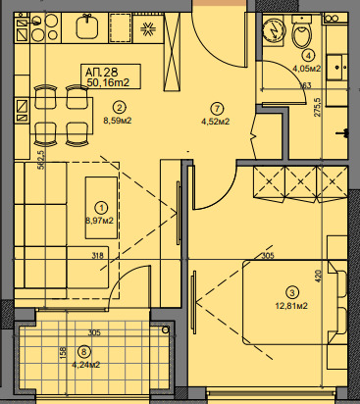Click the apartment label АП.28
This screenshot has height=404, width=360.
click(101, 72)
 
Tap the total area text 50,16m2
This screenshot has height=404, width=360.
click(108, 82)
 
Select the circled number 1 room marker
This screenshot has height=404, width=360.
click(101, 208)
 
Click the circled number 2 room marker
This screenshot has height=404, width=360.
click(119, 107)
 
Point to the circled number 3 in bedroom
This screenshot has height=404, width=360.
click(292, 292)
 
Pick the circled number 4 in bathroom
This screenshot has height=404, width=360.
click(308, 56)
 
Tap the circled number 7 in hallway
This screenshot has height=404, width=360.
click(217, 108)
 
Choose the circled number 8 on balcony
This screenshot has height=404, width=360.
click(84, 352)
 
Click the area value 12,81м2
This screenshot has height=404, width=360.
click(291, 306)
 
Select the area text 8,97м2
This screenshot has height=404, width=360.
click(99, 221)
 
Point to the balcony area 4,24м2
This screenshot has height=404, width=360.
click(86, 365)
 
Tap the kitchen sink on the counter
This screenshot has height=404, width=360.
click(87, 27)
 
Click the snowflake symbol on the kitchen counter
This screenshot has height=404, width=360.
click(148, 28)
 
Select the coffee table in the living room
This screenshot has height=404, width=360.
click(101, 208)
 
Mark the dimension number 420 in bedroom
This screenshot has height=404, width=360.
click(319, 277)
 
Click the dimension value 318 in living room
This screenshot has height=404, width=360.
click(97, 255)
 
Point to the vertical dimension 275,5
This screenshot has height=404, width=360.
click(318, 107)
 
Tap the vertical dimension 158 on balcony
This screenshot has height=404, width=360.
click(63, 352)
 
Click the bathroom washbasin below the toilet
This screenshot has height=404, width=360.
click(336, 68)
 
